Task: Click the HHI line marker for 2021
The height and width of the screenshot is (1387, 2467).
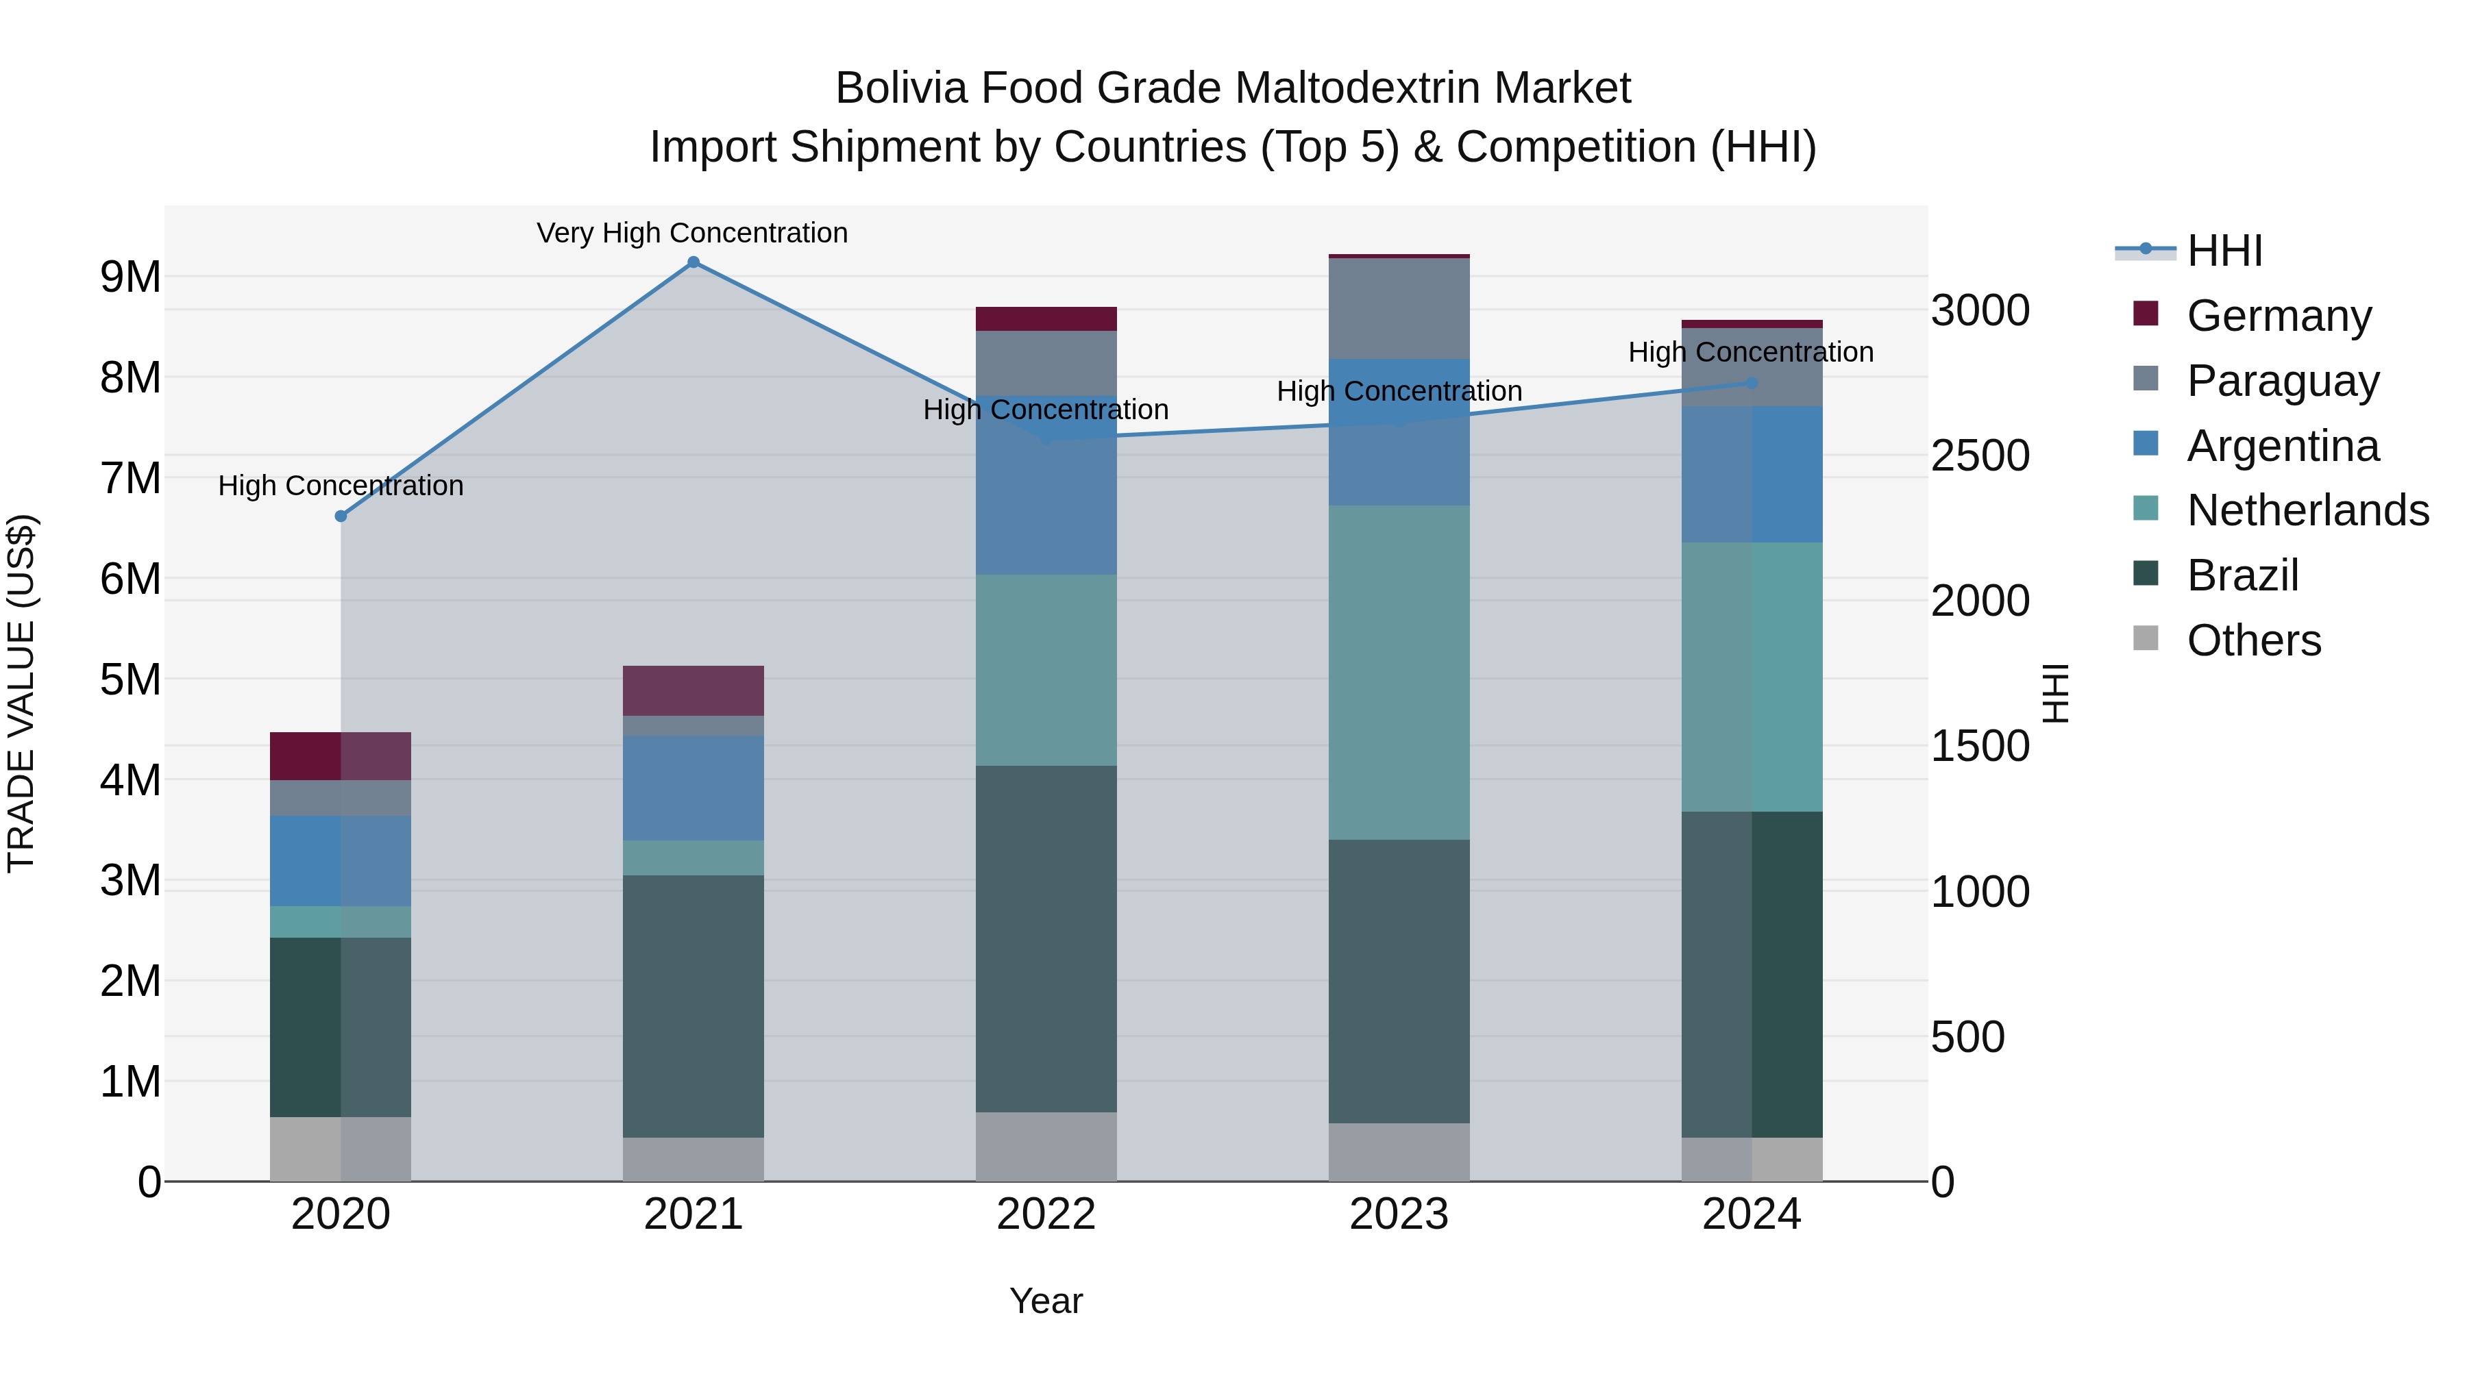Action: (694, 262)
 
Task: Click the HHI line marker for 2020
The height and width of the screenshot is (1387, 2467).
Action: (341, 516)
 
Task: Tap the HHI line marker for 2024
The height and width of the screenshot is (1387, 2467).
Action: (1752, 383)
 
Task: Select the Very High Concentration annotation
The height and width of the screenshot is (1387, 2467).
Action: (691, 234)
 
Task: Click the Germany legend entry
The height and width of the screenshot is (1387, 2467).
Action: (2279, 316)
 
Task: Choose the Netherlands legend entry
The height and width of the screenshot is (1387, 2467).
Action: (2307, 510)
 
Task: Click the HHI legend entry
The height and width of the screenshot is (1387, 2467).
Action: (2224, 251)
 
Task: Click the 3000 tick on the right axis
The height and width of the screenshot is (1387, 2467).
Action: (1980, 311)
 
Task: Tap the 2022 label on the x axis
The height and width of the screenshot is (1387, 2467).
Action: (1046, 1214)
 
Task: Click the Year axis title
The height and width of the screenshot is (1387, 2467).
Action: (1046, 1301)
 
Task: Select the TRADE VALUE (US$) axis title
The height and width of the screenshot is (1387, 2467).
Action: (21, 693)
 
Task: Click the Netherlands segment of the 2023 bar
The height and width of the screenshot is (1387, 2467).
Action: (1399, 672)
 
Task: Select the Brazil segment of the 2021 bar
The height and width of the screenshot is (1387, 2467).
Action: (694, 1005)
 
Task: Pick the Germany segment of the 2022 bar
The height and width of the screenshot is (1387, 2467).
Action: (1046, 318)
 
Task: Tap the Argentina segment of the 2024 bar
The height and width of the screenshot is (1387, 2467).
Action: (1752, 475)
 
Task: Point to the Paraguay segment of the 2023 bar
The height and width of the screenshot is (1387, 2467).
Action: (1399, 308)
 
